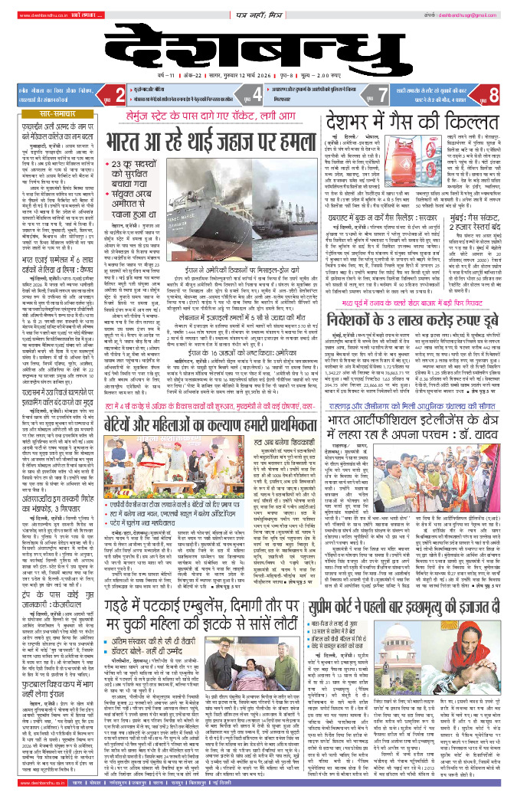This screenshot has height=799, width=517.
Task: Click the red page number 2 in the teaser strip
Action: (x=120, y=95)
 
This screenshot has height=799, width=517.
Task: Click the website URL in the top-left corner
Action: (x=31, y=14)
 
